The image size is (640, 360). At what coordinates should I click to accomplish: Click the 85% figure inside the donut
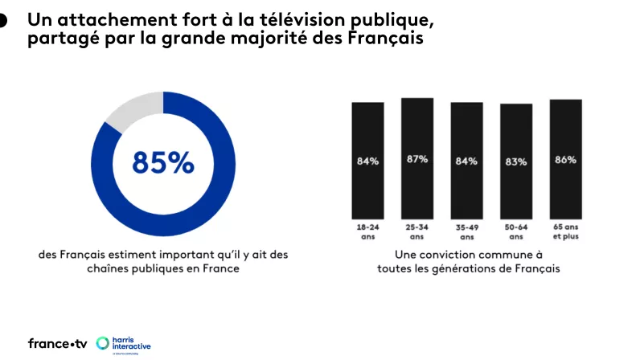point(163,162)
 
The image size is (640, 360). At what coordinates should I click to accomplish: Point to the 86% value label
point(565,160)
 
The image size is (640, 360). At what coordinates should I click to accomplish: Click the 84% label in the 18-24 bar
point(367,161)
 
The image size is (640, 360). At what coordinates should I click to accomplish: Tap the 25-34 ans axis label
point(416,232)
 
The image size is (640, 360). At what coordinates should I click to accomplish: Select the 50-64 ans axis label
point(516,232)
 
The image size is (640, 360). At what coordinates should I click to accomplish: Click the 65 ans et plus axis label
point(565,232)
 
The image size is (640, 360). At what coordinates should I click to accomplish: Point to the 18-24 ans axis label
point(367,232)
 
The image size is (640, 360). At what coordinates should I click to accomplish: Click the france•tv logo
point(57,343)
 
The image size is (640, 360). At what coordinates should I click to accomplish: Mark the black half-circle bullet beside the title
point(3,22)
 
